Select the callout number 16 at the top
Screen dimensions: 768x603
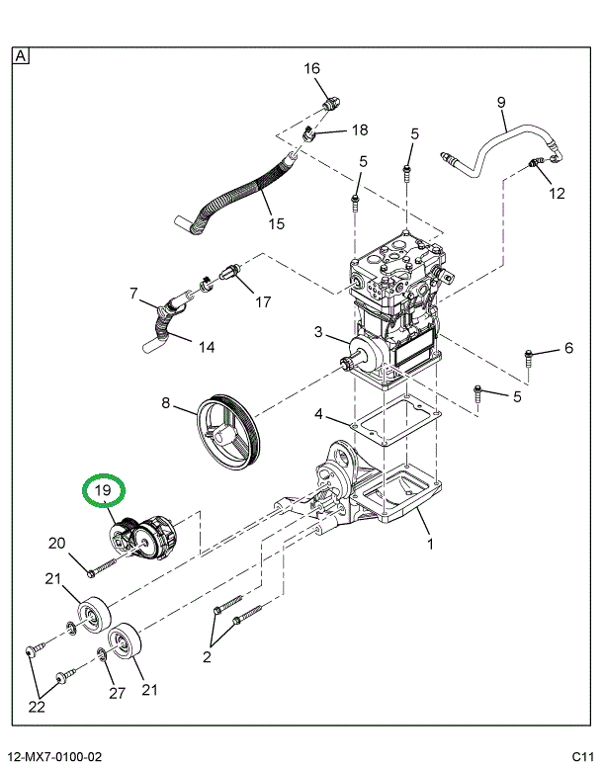(x=311, y=68)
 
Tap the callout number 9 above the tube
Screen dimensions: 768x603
(x=500, y=102)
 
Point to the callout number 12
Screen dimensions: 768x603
(x=557, y=193)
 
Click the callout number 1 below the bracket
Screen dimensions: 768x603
(x=430, y=544)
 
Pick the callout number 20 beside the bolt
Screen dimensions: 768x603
(x=57, y=543)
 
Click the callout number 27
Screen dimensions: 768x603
(x=118, y=693)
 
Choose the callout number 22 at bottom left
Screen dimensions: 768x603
(x=36, y=706)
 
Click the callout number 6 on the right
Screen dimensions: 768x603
(x=568, y=347)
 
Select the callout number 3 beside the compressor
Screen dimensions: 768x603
(x=318, y=330)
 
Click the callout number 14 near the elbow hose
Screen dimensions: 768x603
(x=207, y=347)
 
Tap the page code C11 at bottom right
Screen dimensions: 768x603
(x=580, y=757)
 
